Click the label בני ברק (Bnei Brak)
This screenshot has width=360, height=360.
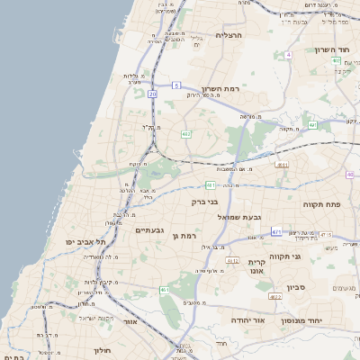pyautogui.click(x=205, y=202)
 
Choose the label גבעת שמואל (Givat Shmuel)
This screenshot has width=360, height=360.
pyautogui.click(x=239, y=217)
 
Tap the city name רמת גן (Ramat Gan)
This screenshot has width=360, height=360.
pyautogui.click(x=183, y=236)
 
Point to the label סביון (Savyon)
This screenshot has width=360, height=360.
pyautogui.click(x=297, y=287)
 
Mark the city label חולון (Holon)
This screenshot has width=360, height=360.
pyautogui.click(x=101, y=350)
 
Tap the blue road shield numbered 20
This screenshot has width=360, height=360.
pyautogui.click(x=153, y=94)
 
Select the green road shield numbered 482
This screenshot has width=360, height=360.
pyautogui.click(x=185, y=134)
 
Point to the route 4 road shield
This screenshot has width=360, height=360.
pyautogui.click(x=288, y=55)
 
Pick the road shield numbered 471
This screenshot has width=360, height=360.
pyautogui.click(x=276, y=231)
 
